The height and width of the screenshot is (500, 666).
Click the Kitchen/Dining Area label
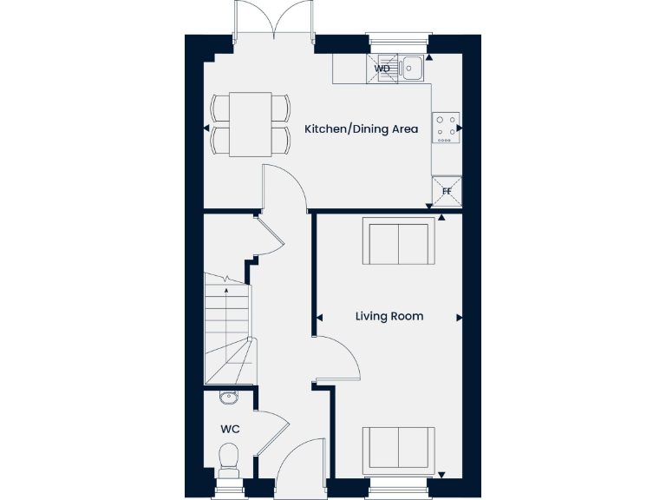coord(361,129)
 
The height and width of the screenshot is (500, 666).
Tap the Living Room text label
coord(389,316)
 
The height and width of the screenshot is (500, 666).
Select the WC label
coord(230,429)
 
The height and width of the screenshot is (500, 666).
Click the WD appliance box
coord(382,69)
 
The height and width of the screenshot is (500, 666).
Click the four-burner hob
coord(447,128)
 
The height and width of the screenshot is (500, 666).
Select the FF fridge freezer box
coord(447,190)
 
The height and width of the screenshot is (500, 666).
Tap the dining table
coord(250,124)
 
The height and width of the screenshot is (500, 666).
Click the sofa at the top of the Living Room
coord(398,243)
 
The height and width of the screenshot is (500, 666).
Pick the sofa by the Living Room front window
coord(398,448)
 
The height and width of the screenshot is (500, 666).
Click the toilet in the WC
coord(230,458)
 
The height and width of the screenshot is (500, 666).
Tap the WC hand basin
coord(229,398)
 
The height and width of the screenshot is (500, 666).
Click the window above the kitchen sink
coord(398,38)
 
